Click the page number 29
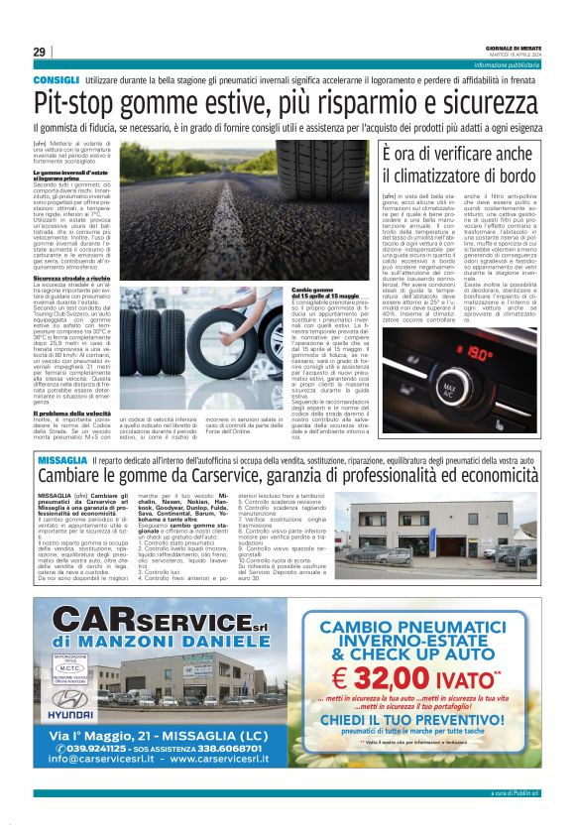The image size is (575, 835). tap(39, 53)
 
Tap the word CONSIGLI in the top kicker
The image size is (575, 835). tap(56, 77)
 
